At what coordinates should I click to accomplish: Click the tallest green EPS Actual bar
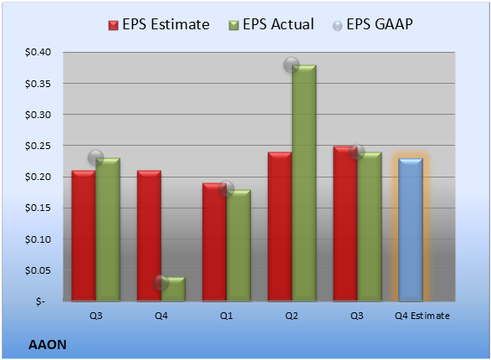click(x=304, y=183)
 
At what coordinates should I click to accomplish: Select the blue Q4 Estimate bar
click(x=411, y=229)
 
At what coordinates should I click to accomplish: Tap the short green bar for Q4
click(x=173, y=289)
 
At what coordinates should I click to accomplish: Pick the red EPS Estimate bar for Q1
click(x=214, y=242)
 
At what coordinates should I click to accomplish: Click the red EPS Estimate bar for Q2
click(x=280, y=227)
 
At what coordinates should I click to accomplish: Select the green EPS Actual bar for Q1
click(x=238, y=245)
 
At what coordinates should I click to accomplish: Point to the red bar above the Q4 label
click(x=149, y=236)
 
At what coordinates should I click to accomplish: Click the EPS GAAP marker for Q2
click(x=292, y=64)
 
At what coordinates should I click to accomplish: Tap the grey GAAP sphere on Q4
click(x=161, y=283)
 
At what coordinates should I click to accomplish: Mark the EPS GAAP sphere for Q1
click(x=226, y=188)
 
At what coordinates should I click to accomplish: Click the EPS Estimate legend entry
click(x=159, y=24)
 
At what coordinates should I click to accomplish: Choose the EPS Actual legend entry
click(x=272, y=24)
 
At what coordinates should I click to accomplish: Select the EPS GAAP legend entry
click(x=372, y=24)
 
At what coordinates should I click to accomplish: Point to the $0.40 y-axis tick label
click(x=38, y=52)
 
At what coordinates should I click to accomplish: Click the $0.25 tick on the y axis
click(x=38, y=146)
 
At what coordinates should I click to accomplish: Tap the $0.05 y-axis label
click(x=38, y=270)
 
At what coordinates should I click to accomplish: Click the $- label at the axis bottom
click(x=40, y=301)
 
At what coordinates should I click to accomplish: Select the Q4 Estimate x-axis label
click(x=422, y=316)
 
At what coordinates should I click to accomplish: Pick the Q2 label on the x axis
click(x=292, y=316)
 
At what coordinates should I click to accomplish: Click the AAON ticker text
click(x=48, y=345)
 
